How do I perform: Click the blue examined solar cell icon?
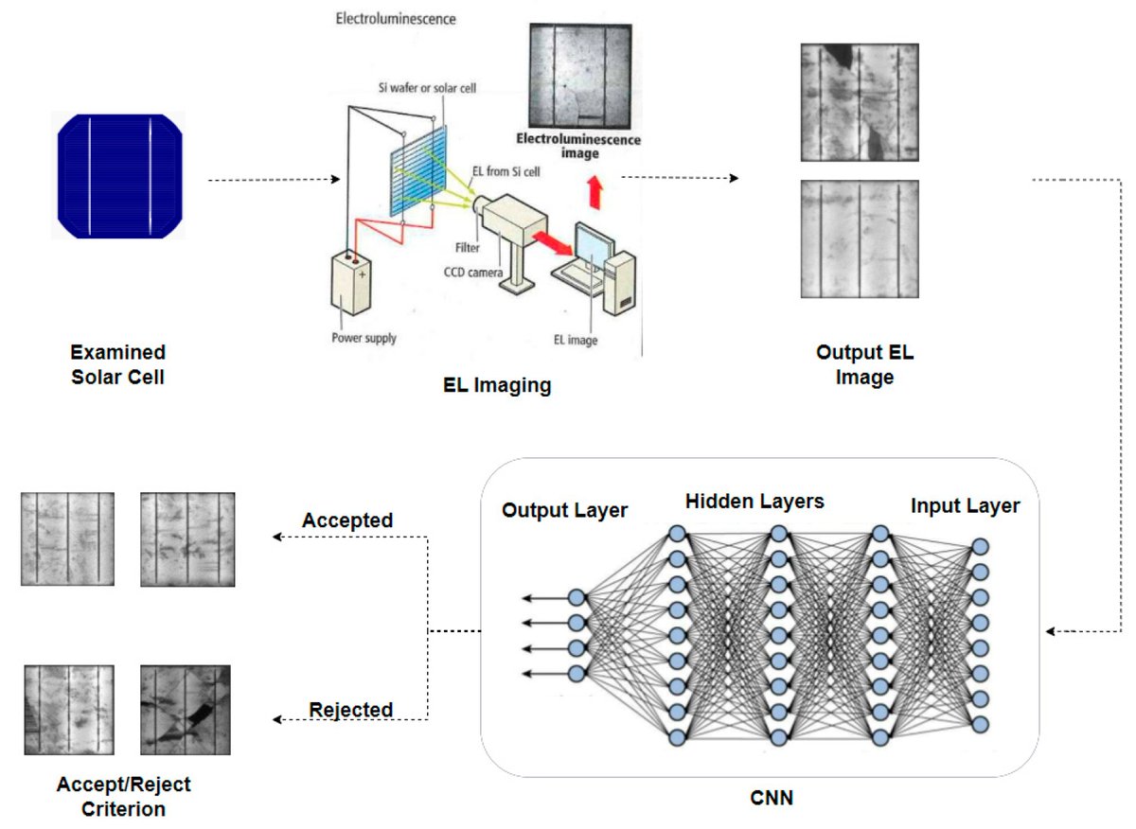(118, 177)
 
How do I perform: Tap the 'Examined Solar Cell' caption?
(118, 363)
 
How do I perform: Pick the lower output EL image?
(859, 239)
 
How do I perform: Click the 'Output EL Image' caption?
(865, 365)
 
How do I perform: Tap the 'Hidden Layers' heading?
(754, 502)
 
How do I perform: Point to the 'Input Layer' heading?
(965, 506)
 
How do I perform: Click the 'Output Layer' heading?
(564, 510)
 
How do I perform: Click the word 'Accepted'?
(347, 521)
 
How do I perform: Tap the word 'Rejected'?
(350, 709)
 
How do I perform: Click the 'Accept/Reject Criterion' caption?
(123, 797)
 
